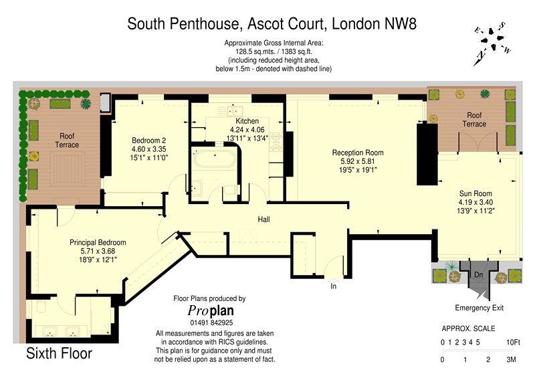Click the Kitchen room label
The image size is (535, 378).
tap(247, 121)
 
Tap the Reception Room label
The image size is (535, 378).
tap(358, 153)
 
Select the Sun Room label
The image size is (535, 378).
tap(475, 193)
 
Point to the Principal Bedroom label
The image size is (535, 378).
tap(98, 242)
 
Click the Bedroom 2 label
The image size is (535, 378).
tap(148, 140)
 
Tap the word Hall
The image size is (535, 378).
tap(263, 219)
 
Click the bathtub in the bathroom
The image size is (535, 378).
tap(214, 158)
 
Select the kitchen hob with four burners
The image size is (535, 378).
tap(276, 142)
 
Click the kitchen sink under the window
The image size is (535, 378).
tap(230, 111)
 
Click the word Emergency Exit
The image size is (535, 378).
tap(479, 308)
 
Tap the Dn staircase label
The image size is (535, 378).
tap(478, 274)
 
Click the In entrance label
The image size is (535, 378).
tap(333, 286)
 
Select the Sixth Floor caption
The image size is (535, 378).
tap(59, 353)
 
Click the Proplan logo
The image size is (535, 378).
tap(211, 310)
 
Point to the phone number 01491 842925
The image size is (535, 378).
tap(211, 322)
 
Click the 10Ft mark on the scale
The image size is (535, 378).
tap(513, 342)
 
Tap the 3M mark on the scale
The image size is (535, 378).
tap(511, 359)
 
